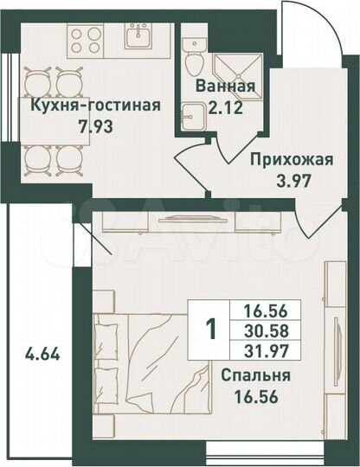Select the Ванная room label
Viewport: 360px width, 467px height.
pos(224,86)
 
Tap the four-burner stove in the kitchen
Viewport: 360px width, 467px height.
pos(86,38)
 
